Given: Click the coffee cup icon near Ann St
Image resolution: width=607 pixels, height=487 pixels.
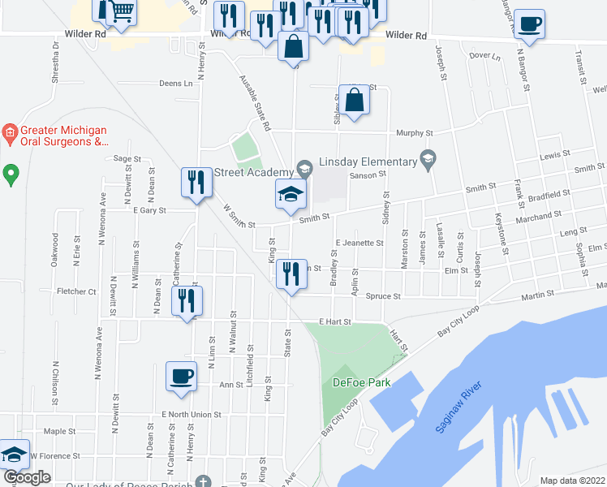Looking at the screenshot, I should [x=181, y=376].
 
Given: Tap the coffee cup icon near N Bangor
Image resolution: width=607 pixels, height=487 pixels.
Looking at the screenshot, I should [x=530, y=24].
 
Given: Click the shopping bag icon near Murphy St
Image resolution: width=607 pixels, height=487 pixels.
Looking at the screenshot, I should [x=355, y=101].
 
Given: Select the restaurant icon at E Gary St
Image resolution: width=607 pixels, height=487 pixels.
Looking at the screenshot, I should [x=195, y=183].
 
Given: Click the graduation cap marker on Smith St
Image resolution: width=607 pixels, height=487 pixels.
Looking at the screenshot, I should [x=290, y=194].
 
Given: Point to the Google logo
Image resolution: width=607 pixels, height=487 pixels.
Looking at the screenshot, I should [x=27, y=477].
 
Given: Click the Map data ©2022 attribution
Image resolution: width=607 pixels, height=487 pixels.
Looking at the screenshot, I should [x=573, y=481].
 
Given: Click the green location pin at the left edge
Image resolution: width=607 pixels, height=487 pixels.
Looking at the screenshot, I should [x=11, y=174].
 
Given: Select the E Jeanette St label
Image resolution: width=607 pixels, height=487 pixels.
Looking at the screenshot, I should [x=359, y=243].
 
